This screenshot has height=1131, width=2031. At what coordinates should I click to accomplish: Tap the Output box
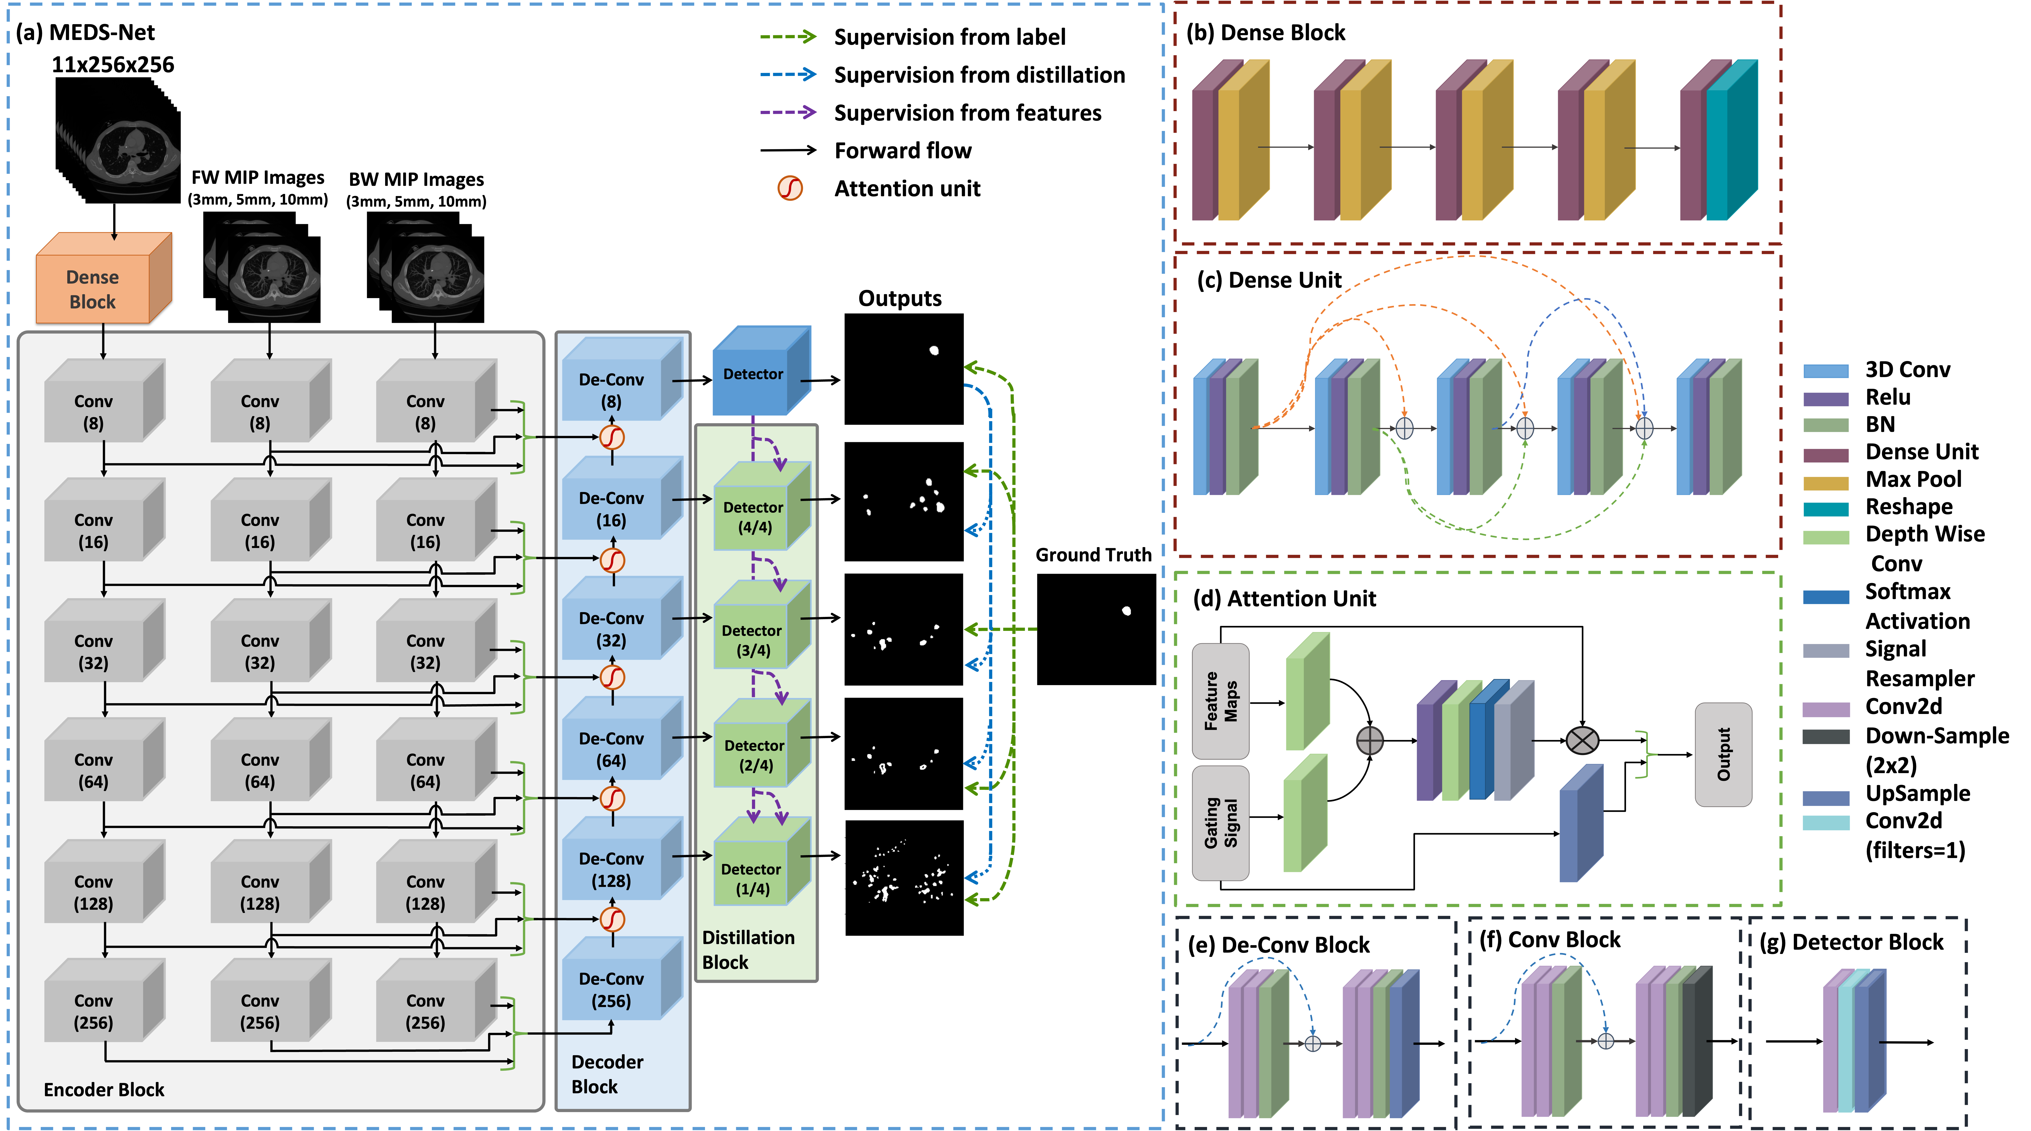pyautogui.click(x=1724, y=754)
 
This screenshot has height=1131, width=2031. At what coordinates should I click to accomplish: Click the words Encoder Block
pyautogui.click(x=104, y=1089)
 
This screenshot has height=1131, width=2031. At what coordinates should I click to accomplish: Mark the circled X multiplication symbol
pyautogui.click(x=1582, y=740)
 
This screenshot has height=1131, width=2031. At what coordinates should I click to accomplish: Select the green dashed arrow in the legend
pyautogui.click(x=788, y=36)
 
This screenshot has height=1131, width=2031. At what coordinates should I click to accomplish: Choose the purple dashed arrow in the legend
pyautogui.click(x=788, y=112)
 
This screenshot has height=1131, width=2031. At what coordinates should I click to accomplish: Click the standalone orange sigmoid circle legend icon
pyautogui.click(x=790, y=188)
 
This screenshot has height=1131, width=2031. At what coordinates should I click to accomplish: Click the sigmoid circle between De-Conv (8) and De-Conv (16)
pyautogui.click(x=613, y=437)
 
